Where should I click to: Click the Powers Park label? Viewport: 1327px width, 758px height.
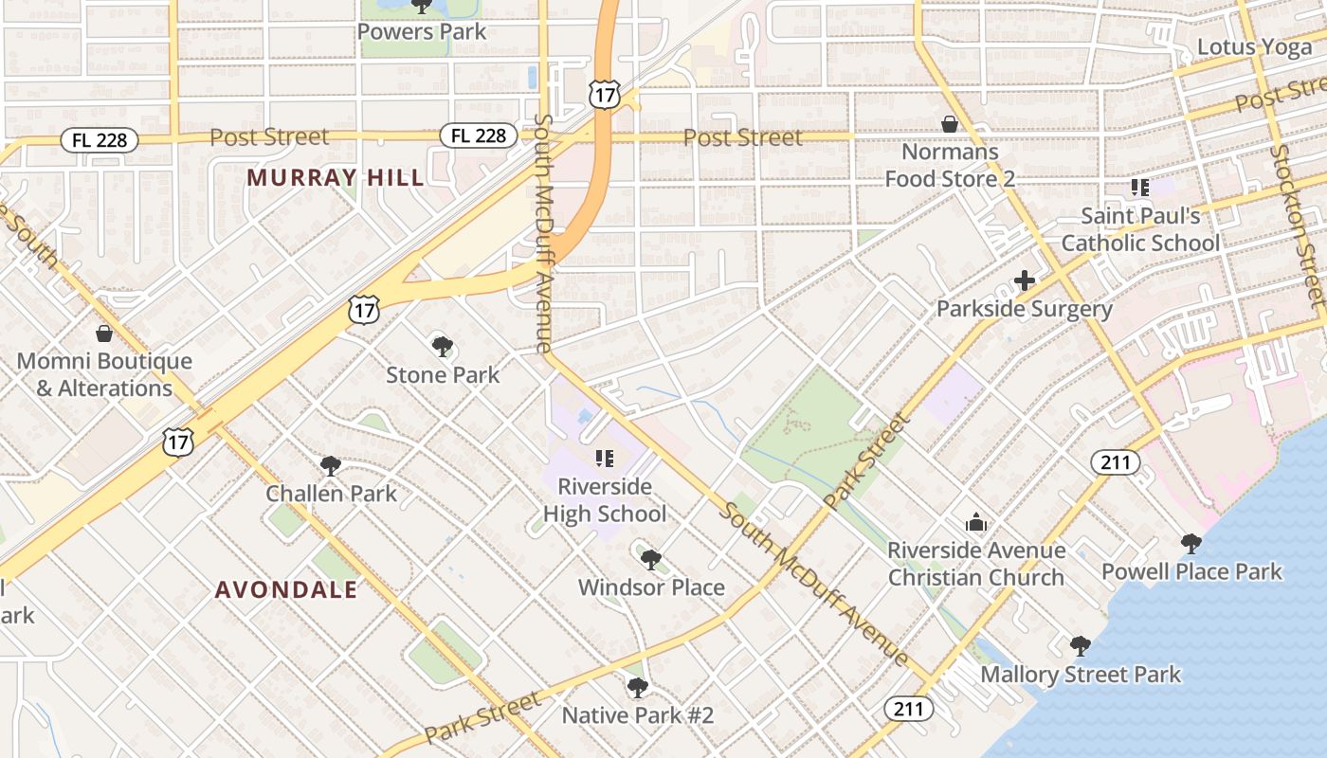(x=421, y=31)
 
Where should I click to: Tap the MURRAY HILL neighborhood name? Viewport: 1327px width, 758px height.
(x=336, y=177)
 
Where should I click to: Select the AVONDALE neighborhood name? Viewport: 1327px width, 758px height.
(x=286, y=589)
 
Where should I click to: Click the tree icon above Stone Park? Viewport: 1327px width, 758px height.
(x=442, y=347)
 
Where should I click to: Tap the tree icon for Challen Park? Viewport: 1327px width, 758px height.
(x=330, y=465)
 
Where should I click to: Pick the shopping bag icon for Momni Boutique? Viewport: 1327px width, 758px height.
(x=104, y=334)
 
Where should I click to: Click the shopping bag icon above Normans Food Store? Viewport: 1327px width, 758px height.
(x=949, y=124)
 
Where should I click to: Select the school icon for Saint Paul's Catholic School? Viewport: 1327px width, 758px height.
(x=1139, y=188)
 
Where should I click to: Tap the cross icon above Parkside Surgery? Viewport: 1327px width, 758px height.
(x=1024, y=280)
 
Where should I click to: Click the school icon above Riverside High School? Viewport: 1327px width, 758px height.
(x=604, y=459)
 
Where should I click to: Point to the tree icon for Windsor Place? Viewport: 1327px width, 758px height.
(x=650, y=559)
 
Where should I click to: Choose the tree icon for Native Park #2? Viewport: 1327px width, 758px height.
(x=638, y=687)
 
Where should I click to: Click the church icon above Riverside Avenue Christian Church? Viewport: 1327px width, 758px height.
(x=975, y=522)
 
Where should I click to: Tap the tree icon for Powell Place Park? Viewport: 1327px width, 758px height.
(x=1191, y=544)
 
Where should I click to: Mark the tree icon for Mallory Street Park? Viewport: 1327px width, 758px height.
(x=1080, y=647)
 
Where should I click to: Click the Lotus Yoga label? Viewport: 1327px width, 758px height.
(x=1254, y=46)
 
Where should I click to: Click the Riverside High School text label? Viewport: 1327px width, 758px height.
(x=605, y=500)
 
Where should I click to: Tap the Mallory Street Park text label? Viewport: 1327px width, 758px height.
(x=1081, y=675)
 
